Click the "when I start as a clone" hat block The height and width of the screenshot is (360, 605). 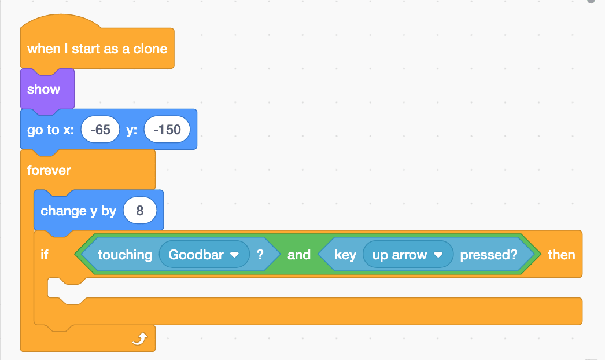97,49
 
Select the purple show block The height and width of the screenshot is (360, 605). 43,90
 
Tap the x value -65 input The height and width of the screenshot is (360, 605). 100,130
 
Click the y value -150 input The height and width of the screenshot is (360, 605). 167,130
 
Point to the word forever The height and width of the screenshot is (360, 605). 49,171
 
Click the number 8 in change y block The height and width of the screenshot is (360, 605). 139,211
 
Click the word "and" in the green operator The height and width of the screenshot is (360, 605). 299,255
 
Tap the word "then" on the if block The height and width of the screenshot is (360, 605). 561,255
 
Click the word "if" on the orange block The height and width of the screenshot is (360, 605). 45,255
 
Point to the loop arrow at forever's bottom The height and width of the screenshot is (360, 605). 139,340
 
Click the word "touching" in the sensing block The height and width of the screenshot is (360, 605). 125,255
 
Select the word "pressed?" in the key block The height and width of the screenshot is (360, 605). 489,255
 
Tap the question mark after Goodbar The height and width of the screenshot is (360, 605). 260,255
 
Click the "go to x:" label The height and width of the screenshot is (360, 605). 51,130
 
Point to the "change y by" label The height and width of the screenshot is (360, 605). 78,211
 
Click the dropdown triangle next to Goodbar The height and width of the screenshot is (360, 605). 234,255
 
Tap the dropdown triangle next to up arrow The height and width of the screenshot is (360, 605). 438,255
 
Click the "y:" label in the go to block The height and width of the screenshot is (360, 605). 132,130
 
